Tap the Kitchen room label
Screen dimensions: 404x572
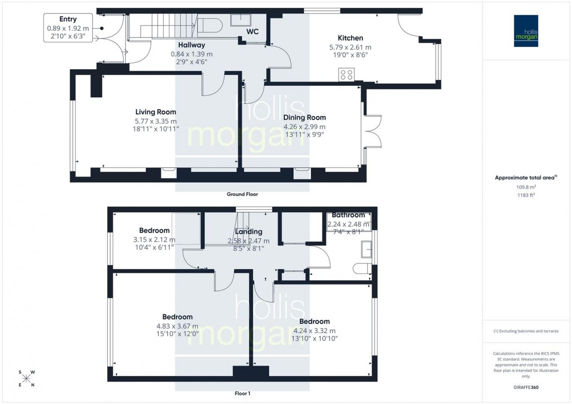pyautogui.click(x=350, y=38)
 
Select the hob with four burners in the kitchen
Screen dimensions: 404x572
pyautogui.click(x=346, y=75)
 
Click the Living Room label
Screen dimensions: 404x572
pyautogui.click(x=155, y=112)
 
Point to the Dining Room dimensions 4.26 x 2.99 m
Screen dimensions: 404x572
pyautogui.click(x=304, y=126)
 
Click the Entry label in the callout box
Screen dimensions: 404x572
pyautogui.click(x=68, y=19)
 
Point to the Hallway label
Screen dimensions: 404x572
pyautogui.click(x=192, y=45)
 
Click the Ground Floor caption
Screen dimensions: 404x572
pyautogui.click(x=242, y=194)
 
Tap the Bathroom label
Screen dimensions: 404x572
pyautogui.click(x=348, y=215)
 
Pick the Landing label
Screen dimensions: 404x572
pyautogui.click(x=249, y=232)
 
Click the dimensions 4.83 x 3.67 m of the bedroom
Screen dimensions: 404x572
pyautogui.click(x=177, y=327)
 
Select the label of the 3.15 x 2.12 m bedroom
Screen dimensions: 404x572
pyautogui.click(x=154, y=231)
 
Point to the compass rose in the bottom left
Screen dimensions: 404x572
pyautogui.click(x=26, y=378)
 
